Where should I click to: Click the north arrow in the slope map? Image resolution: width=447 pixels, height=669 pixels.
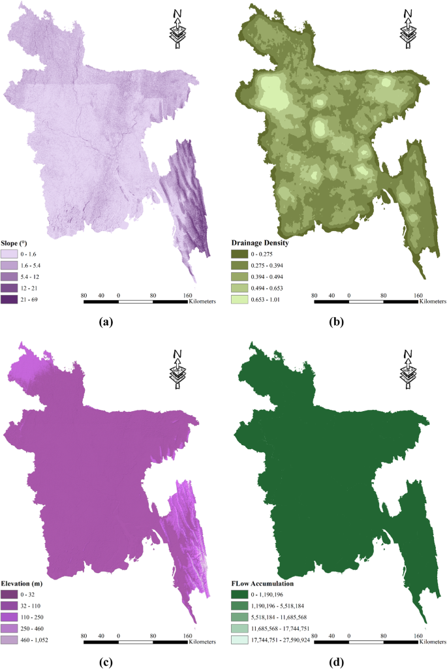177,29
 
